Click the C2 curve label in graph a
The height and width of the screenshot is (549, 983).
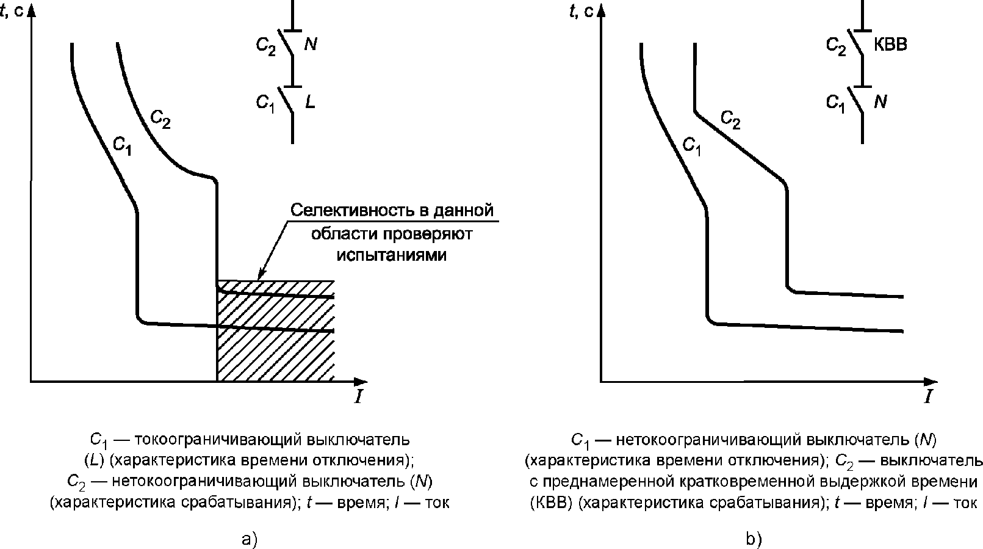(x=160, y=120)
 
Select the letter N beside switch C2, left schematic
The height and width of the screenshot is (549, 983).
(x=310, y=45)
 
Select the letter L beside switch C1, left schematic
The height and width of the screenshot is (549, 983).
(x=310, y=103)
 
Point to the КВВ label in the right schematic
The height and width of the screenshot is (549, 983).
(x=890, y=45)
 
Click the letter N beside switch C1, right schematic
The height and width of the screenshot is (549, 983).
(x=880, y=102)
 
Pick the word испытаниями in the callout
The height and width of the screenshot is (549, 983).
(x=391, y=255)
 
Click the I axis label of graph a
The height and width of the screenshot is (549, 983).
(x=359, y=397)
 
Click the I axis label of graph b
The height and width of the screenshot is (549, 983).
(x=928, y=397)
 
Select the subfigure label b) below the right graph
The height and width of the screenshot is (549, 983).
(x=754, y=539)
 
